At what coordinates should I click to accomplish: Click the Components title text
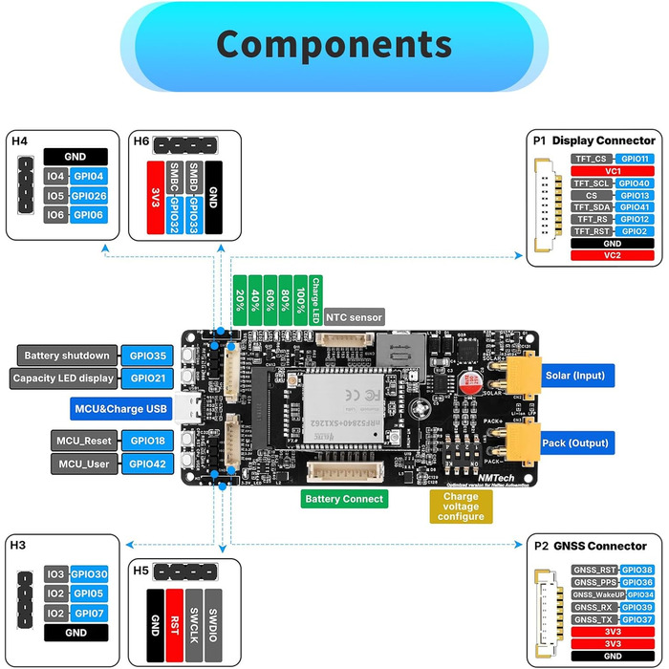(x=334, y=43)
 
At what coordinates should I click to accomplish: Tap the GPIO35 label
(x=147, y=356)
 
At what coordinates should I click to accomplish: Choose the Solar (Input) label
(x=574, y=375)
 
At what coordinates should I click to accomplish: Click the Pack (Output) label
(x=574, y=442)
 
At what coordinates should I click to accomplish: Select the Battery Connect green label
(x=344, y=498)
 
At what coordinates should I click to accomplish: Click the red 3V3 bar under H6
(x=156, y=198)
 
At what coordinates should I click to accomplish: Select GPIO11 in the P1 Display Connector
(x=634, y=159)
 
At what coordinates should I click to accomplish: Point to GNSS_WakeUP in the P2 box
(x=598, y=593)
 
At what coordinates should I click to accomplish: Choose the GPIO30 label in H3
(x=89, y=574)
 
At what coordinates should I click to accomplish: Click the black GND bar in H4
(x=76, y=157)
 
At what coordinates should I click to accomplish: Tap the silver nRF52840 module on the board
(x=342, y=412)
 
